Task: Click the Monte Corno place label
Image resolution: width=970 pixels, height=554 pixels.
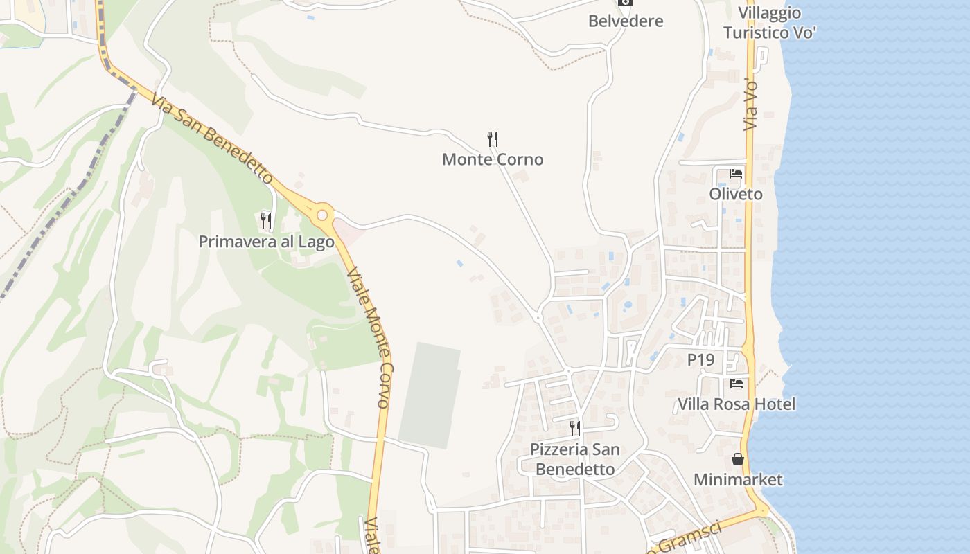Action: pyautogui.click(x=493, y=159)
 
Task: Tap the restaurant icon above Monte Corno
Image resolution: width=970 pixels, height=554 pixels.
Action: pyautogui.click(x=493, y=139)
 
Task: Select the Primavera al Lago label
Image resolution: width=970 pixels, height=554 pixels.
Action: pyautogui.click(x=266, y=242)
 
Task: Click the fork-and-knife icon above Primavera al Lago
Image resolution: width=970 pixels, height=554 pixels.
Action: pyautogui.click(x=266, y=221)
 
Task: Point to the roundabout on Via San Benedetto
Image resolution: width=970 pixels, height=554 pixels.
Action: pyautogui.click(x=322, y=215)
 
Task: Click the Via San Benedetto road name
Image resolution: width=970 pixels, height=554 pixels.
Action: pyautogui.click(x=212, y=138)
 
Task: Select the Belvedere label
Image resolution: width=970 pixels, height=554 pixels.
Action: pyautogui.click(x=626, y=21)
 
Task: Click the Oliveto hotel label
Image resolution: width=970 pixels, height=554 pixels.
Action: pyautogui.click(x=736, y=194)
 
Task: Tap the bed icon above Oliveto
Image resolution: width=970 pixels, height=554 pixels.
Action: pyautogui.click(x=736, y=173)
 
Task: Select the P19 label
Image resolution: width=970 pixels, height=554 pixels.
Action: pyautogui.click(x=700, y=360)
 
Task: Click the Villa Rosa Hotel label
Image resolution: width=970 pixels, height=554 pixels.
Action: pyautogui.click(x=737, y=404)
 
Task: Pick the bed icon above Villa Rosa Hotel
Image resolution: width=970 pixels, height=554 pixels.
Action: pyautogui.click(x=737, y=383)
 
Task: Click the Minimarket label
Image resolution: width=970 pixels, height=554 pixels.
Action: pyautogui.click(x=738, y=479)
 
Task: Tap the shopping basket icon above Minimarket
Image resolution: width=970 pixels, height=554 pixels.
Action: pyautogui.click(x=738, y=459)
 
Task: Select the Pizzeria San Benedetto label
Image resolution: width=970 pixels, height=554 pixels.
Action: pyautogui.click(x=575, y=459)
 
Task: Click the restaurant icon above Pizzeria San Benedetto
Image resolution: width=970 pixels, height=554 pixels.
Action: pyautogui.click(x=575, y=428)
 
